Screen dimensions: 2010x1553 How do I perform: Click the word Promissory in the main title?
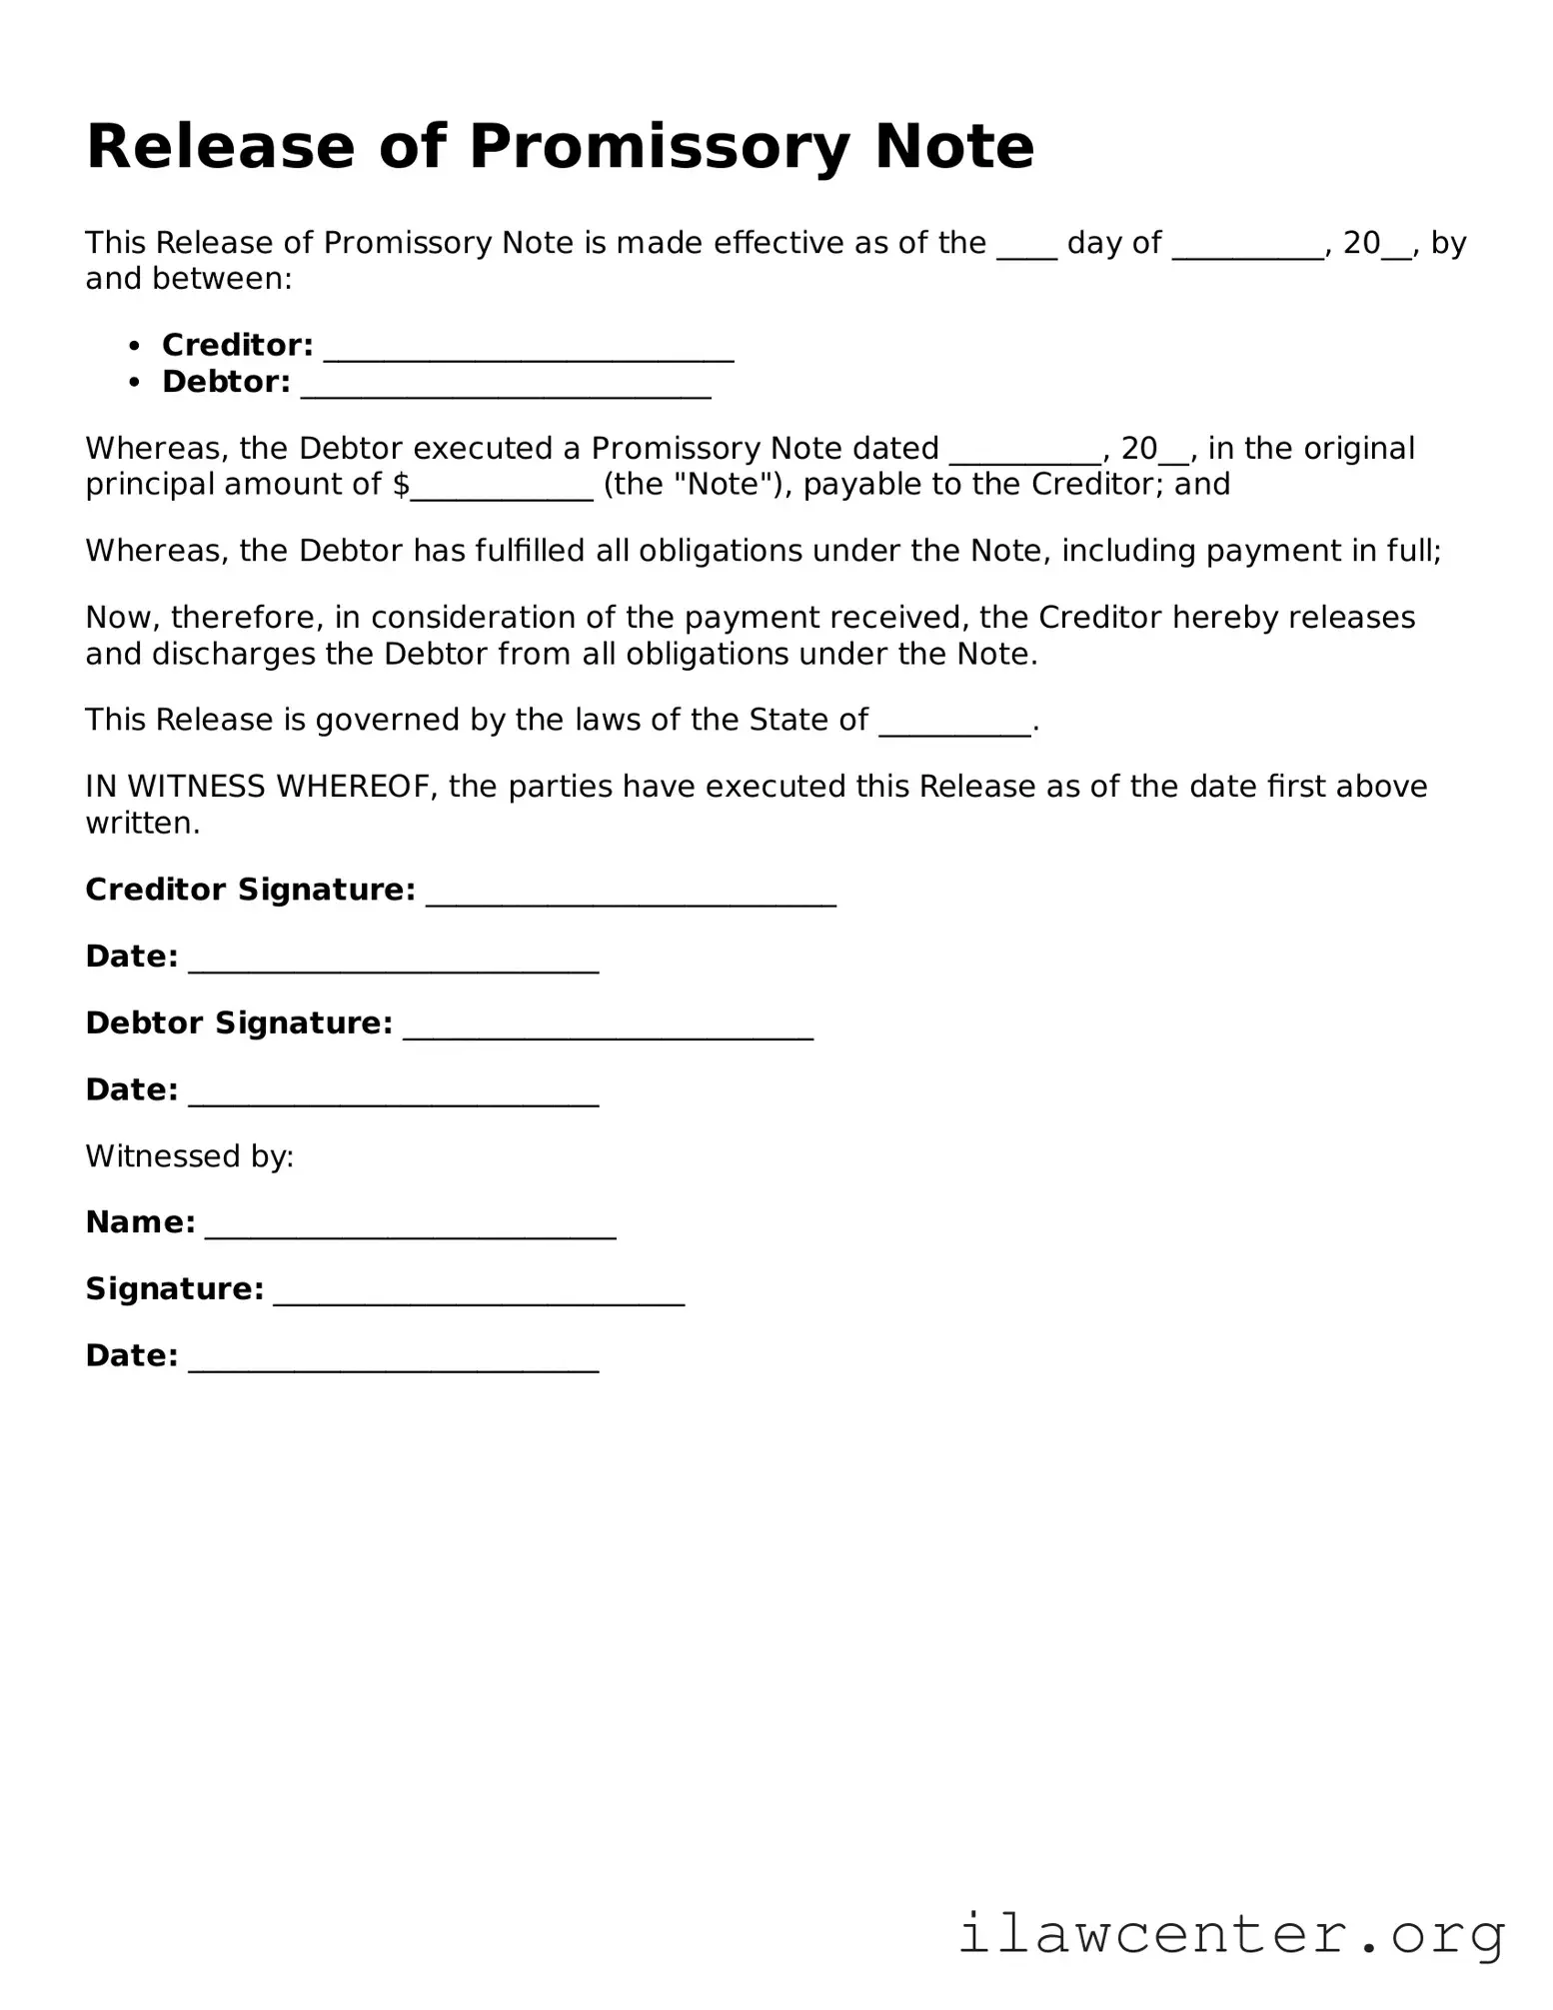pos(659,147)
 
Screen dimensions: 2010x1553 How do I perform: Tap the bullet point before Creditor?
pos(135,346)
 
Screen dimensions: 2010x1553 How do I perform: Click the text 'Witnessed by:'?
pos(190,1156)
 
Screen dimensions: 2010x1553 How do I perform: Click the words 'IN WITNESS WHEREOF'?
pos(261,787)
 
